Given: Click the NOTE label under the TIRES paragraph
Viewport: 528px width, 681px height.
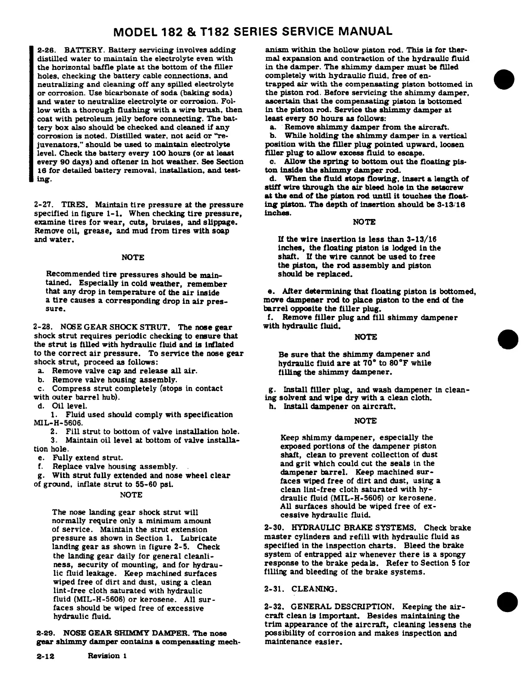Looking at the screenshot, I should click(x=133, y=257).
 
